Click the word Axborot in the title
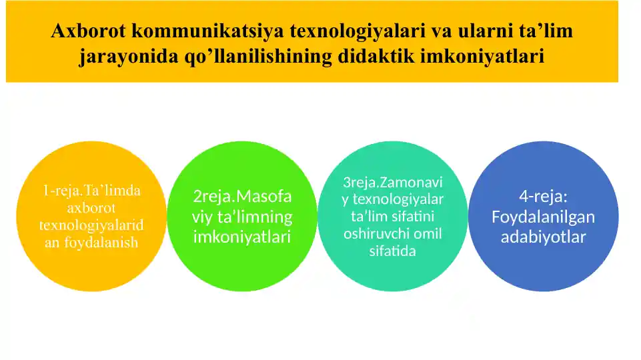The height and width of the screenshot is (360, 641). click(88, 31)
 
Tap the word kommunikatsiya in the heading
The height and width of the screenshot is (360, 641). click(207, 31)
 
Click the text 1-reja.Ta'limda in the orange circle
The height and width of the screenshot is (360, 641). click(92, 191)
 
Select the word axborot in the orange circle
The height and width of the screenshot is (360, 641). click(91, 207)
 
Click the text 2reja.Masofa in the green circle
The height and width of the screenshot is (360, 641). click(242, 197)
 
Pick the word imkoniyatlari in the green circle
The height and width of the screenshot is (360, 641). click(242, 237)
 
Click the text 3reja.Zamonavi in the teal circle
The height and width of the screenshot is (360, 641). click(393, 182)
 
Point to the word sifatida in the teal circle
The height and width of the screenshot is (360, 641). click(393, 251)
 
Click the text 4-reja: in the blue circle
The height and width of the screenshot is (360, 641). click(544, 197)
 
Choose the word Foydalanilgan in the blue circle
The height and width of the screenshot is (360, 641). click(544, 217)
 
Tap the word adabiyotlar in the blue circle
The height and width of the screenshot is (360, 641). click(544, 237)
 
